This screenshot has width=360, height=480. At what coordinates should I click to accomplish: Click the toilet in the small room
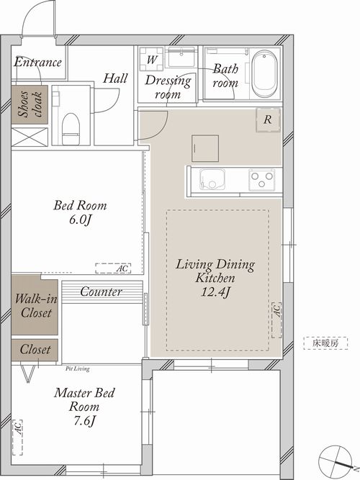coord(71,129)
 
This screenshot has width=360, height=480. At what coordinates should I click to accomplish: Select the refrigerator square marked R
coord(269,120)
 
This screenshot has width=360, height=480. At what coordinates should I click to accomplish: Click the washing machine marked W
coord(152,60)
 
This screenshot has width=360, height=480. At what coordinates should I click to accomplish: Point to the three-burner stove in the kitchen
coord(261,180)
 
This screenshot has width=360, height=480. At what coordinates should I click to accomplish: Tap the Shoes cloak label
coord(30,104)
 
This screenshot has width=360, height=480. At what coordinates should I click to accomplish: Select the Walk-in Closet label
coord(36,306)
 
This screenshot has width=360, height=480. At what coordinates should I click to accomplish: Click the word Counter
coord(101,291)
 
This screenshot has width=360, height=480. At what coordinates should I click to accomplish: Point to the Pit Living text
coord(78,369)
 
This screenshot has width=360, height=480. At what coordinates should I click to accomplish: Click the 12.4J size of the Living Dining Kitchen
coord(215,291)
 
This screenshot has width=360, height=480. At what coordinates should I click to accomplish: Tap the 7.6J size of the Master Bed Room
coord(84,421)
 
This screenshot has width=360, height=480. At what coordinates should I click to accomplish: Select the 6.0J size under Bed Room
coord(81,219)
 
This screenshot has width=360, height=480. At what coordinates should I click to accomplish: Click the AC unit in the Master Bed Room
coord(17,437)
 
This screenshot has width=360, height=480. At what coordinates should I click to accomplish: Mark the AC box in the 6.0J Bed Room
coord(113,268)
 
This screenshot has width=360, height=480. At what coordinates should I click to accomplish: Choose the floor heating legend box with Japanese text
coord(325,343)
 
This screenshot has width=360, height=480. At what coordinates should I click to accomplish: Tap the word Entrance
coord(37,62)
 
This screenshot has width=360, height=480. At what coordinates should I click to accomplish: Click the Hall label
coord(115,78)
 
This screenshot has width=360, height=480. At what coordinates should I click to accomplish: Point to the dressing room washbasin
coord(181,57)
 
